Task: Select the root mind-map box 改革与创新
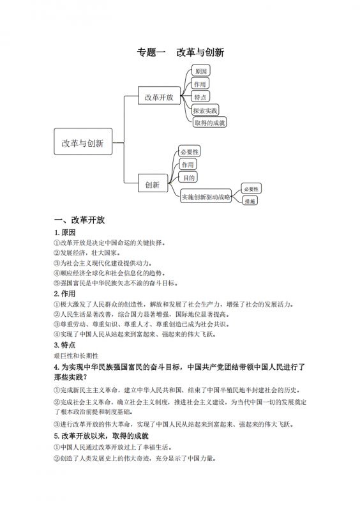[x=82, y=143]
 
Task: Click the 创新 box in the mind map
[x=152, y=184]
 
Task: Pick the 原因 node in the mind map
[x=201, y=71]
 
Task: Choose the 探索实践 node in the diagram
[x=206, y=109]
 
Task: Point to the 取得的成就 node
[x=209, y=122]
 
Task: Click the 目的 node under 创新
[x=187, y=178]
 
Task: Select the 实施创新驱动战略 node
[x=206, y=197]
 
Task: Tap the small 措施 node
[x=250, y=201]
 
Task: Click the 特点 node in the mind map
[x=200, y=96]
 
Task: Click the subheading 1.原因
[x=66, y=232]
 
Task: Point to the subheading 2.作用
[x=66, y=294]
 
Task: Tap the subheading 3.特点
[x=66, y=345]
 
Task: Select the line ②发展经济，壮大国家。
[x=88, y=253]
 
